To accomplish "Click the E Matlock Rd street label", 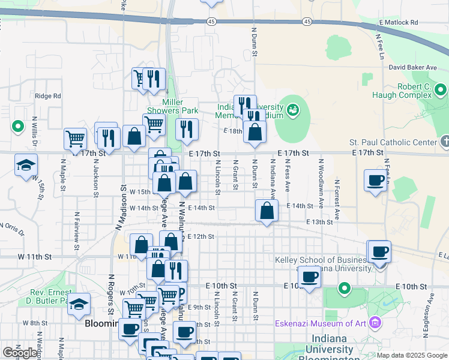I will click(x=398, y=22).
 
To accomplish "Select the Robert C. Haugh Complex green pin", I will click(x=442, y=91).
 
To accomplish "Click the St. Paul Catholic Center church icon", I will click(x=444, y=142).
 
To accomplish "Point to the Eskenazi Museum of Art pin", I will click(x=375, y=323).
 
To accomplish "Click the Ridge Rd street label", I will click(x=48, y=95).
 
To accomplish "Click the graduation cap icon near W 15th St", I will click(x=26, y=165).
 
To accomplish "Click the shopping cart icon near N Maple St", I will click(x=76, y=139).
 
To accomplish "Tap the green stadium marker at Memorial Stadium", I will click(x=293, y=109).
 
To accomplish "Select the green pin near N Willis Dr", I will click(x=18, y=127).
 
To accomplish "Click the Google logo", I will click(x=20, y=353).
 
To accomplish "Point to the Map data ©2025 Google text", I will click(x=412, y=355).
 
